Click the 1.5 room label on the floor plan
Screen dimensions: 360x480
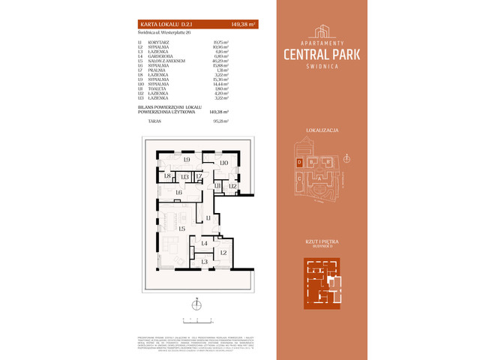(x=181, y=228)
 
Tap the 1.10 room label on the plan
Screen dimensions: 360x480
(x=223, y=163)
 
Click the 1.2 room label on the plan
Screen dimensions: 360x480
(x=223, y=253)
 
